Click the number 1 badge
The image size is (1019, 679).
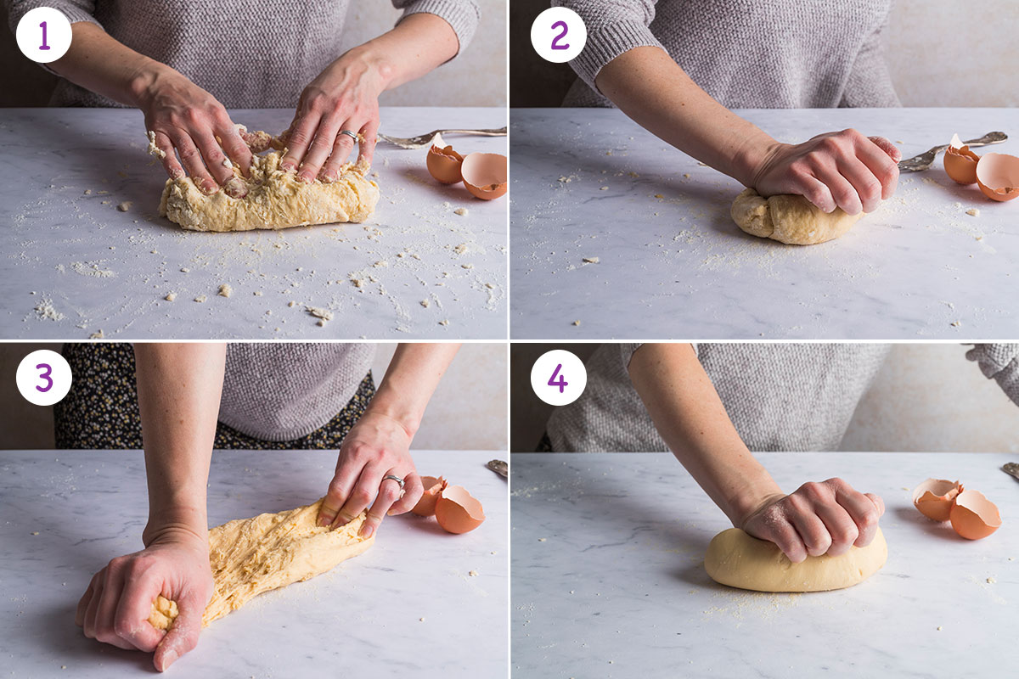(43, 36)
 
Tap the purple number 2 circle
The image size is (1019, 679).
(558, 36)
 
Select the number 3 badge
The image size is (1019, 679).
(43, 378)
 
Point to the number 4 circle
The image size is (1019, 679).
(558, 378)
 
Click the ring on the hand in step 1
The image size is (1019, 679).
(349, 136)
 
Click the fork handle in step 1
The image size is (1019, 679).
(442, 134)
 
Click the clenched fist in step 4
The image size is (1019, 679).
(815, 518)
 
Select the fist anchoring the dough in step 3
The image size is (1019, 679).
(144, 594)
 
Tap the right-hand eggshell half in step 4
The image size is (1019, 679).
(974, 514)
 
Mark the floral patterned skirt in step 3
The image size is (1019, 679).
(93, 407)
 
